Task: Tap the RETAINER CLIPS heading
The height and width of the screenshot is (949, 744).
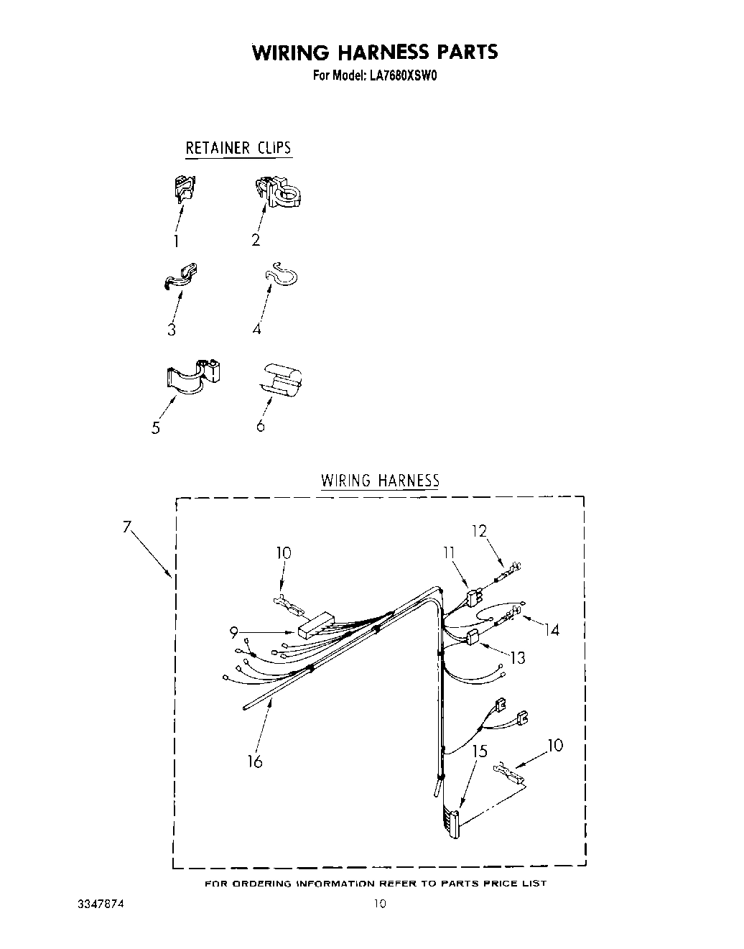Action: click(238, 148)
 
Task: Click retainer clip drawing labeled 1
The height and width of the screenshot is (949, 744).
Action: click(184, 189)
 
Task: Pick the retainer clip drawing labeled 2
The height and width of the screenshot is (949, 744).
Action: click(278, 191)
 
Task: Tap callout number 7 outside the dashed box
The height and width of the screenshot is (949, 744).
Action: click(126, 527)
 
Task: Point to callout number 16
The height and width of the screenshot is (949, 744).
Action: click(255, 761)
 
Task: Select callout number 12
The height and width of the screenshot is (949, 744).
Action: click(479, 532)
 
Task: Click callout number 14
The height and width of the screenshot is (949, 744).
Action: click(551, 630)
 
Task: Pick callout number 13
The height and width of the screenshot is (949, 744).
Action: click(517, 657)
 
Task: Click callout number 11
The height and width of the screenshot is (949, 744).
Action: click(449, 552)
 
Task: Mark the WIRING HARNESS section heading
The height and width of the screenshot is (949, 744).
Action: click(379, 481)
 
